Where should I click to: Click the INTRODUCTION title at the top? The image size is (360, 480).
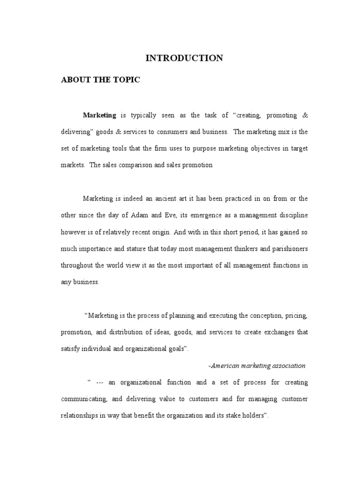pyautogui.click(x=184, y=58)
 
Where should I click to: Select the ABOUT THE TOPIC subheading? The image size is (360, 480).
pyautogui.click(x=100, y=80)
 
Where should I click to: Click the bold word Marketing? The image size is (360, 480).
pyautogui.click(x=99, y=115)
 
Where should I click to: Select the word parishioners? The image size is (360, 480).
pyautogui.click(x=285, y=249)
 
